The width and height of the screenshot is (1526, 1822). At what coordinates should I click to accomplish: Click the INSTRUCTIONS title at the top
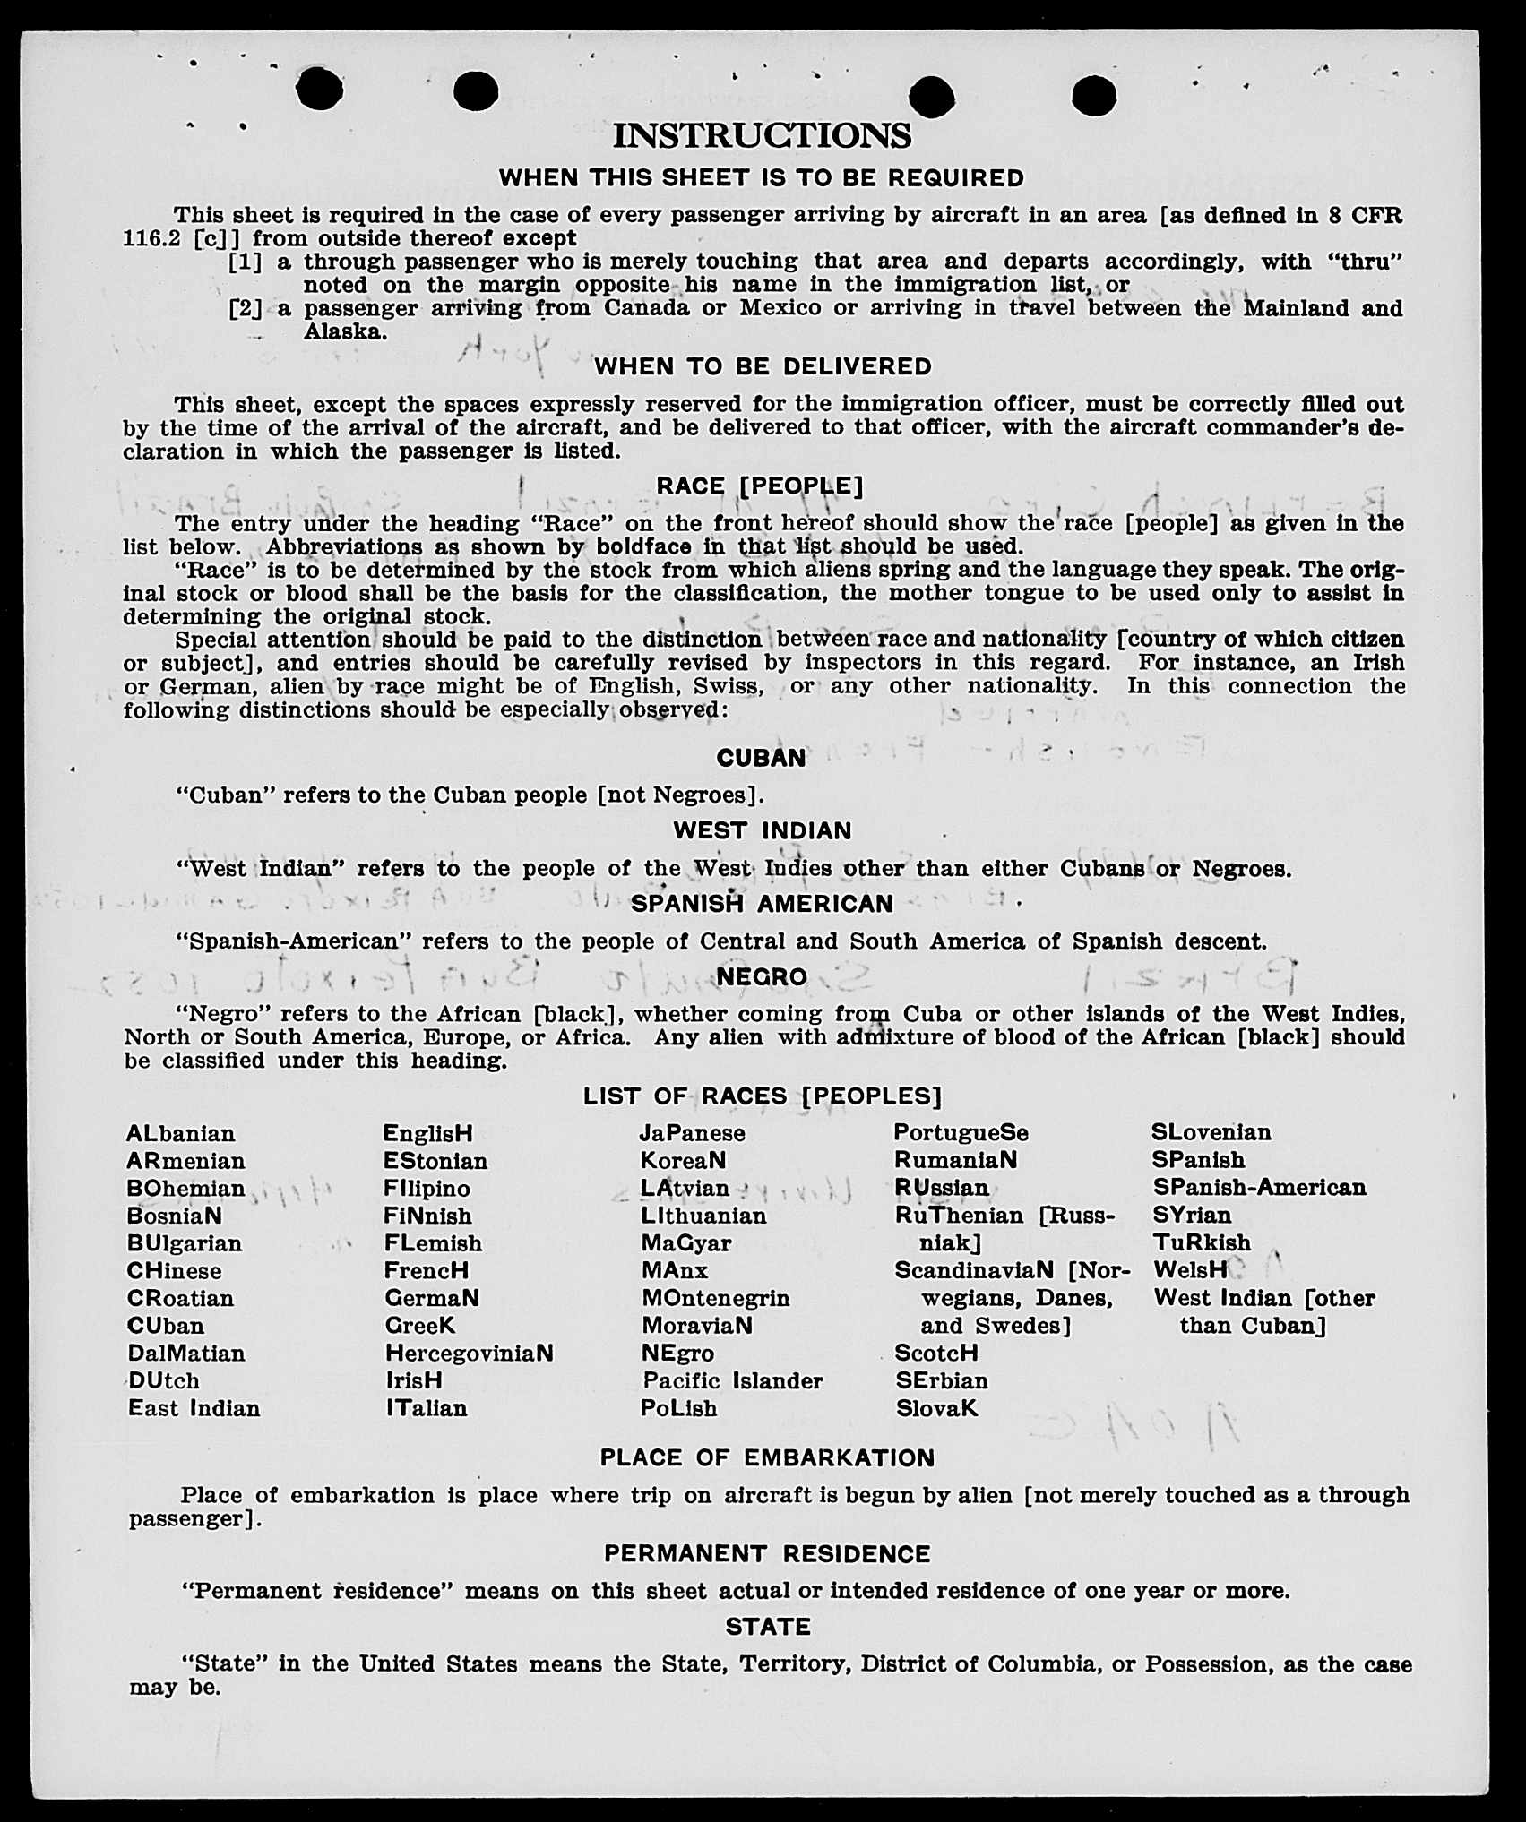762,136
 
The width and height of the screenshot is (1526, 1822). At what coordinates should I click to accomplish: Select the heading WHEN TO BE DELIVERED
763,366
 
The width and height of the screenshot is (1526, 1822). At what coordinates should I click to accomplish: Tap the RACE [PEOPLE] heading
760,486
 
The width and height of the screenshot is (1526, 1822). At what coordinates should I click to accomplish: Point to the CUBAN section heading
761,758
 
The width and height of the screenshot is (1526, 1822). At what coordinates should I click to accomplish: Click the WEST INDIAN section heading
763,831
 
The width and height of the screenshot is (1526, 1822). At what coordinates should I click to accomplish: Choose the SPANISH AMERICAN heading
762,904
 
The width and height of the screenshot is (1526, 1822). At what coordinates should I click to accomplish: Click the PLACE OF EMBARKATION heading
767,1458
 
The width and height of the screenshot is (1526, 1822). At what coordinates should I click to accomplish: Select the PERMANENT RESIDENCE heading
767,1554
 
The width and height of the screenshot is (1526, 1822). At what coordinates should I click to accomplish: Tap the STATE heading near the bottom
768,1627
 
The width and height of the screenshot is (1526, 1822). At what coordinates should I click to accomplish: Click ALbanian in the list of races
181,1134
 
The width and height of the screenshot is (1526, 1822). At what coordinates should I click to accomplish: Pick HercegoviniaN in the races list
469,1353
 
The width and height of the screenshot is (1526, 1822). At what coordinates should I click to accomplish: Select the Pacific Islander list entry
732,1380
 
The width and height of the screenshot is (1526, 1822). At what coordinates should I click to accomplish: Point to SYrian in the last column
1192,1216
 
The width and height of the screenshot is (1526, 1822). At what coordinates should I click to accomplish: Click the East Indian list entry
194,1408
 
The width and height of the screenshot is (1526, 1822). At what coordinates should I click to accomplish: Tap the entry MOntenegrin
715,1298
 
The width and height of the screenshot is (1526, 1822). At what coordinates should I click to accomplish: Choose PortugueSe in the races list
961,1133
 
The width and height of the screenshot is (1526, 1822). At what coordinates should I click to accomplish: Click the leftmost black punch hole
320,89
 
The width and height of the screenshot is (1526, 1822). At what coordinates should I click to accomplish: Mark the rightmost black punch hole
1093,95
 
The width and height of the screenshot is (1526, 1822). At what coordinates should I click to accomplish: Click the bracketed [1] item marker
246,262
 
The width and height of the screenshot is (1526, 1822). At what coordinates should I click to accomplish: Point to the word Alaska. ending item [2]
345,332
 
